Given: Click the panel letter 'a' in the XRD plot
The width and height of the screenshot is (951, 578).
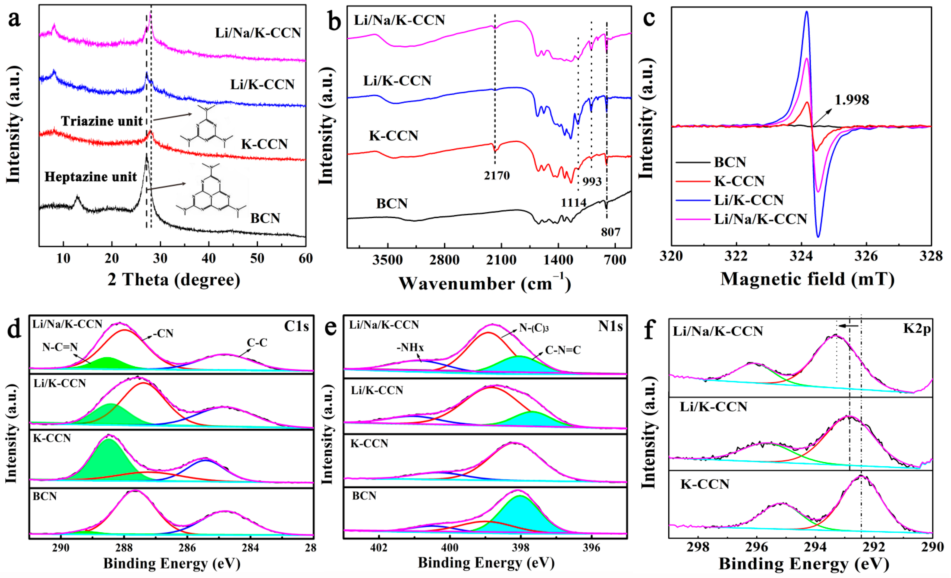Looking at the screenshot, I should [14, 19].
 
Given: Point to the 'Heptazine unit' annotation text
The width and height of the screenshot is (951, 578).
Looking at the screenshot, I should [91, 177].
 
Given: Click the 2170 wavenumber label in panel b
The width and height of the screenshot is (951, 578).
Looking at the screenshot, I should [497, 176].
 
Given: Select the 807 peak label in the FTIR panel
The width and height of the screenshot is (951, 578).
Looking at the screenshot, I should [611, 232].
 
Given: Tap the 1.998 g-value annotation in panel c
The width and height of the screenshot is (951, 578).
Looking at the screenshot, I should [852, 100].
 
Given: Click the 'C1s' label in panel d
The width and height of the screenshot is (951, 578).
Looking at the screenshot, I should [296, 327].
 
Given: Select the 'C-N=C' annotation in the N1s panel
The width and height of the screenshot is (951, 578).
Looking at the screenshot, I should [563, 350].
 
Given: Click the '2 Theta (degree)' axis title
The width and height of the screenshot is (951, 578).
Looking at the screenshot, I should [174, 280].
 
